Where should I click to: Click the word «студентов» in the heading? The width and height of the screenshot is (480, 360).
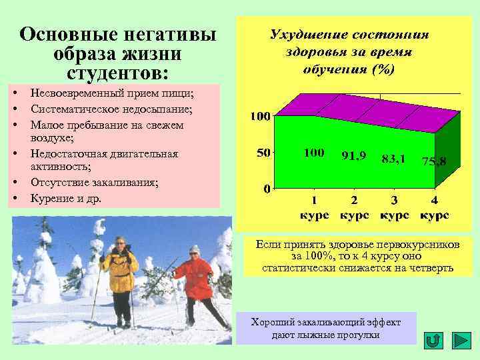[118, 71]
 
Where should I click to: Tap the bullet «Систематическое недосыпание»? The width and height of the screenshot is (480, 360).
[111, 109]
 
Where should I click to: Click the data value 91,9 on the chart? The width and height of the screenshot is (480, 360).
[353, 155]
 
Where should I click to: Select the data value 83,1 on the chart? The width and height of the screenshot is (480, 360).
[394, 159]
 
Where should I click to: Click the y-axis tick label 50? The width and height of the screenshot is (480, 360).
[263, 153]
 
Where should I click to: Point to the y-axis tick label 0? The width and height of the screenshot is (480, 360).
[267, 189]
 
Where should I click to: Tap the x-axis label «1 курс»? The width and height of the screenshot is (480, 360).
[314, 208]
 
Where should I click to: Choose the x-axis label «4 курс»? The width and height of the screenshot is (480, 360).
[434, 208]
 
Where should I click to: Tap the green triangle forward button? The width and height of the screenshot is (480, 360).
[461, 340]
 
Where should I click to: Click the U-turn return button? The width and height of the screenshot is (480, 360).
[433, 340]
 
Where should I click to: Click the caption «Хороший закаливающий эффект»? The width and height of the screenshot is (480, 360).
[326, 322]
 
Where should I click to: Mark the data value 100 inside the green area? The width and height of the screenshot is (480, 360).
[314, 153]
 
